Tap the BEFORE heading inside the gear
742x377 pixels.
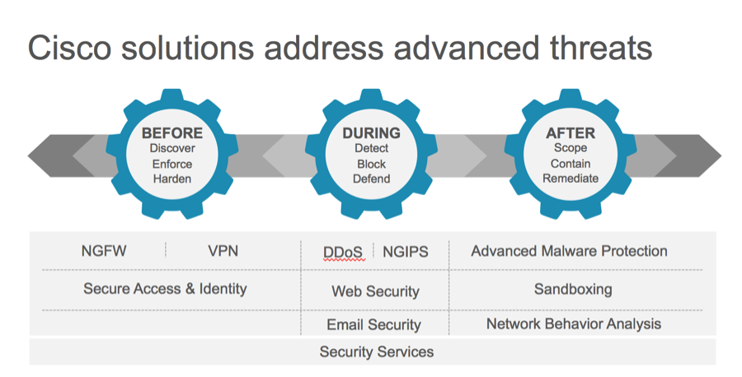(171, 133)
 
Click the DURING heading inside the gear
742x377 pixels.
(371, 133)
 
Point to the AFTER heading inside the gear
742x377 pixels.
(571, 133)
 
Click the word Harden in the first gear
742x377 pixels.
(171, 179)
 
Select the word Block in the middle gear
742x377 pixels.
(371, 164)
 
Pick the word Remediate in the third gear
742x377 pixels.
(571, 179)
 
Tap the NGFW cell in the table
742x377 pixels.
(104, 251)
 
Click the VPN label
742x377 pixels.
(223, 251)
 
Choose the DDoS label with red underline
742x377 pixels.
(343, 252)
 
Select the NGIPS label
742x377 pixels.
(406, 252)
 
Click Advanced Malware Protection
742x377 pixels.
(569, 251)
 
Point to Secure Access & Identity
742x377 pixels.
(165, 289)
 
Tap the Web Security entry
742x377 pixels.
(375, 291)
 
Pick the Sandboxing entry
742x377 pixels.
(573, 289)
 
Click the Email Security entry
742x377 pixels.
(373, 325)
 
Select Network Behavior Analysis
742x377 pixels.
(573, 324)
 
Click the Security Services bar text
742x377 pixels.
(377, 352)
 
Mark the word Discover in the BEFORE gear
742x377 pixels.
(171, 149)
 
